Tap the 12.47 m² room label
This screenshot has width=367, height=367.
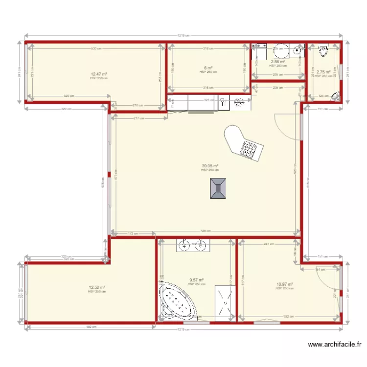point(99,74)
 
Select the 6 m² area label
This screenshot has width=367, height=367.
point(208,68)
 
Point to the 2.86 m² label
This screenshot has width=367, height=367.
point(278,62)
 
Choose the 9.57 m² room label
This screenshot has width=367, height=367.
point(197,280)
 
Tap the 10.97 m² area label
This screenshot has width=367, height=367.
point(284,284)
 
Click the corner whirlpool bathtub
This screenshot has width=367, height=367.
point(177,301)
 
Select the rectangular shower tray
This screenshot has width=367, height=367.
point(224,303)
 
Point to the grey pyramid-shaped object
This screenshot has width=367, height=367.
point(218,188)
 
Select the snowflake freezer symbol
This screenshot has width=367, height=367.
point(239,102)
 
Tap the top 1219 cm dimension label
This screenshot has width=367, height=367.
point(183,35)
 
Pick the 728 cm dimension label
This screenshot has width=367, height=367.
point(206,231)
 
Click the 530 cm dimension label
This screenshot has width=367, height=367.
point(96,48)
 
